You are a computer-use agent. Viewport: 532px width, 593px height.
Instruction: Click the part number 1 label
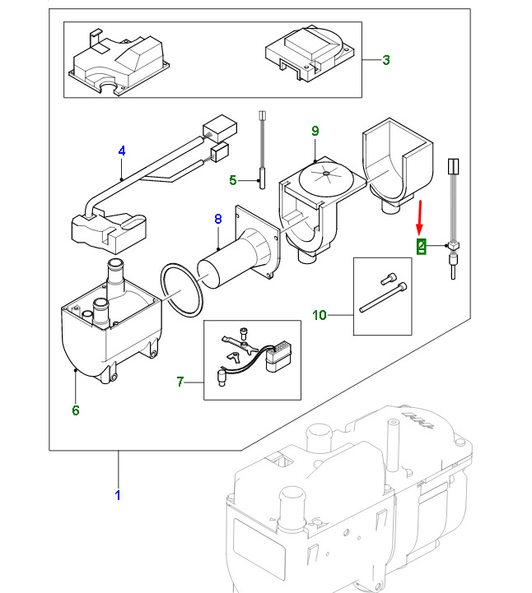point(117,495)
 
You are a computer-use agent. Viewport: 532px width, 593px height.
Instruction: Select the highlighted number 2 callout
point(421,246)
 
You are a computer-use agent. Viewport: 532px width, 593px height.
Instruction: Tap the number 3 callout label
point(385,59)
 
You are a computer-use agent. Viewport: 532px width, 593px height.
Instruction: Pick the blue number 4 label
point(122,151)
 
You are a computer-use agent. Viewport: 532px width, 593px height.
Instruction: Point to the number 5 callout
point(232,180)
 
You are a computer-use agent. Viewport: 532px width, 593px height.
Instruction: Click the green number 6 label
point(76,410)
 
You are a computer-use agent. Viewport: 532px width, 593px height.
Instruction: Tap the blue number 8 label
point(218,219)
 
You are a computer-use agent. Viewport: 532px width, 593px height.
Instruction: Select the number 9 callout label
point(315,132)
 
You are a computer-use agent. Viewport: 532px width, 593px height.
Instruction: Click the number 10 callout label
point(320,314)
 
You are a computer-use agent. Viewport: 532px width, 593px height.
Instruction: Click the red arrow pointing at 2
point(420,218)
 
